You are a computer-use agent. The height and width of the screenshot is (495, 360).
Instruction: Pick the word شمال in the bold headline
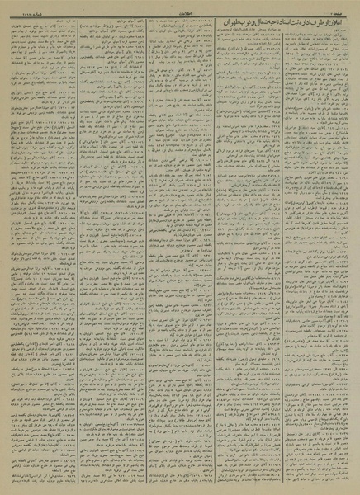click(x=196, y=20)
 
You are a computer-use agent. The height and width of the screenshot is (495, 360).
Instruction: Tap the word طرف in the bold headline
click(x=261, y=20)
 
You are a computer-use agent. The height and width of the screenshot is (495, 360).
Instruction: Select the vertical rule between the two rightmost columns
click(x=287, y=247)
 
